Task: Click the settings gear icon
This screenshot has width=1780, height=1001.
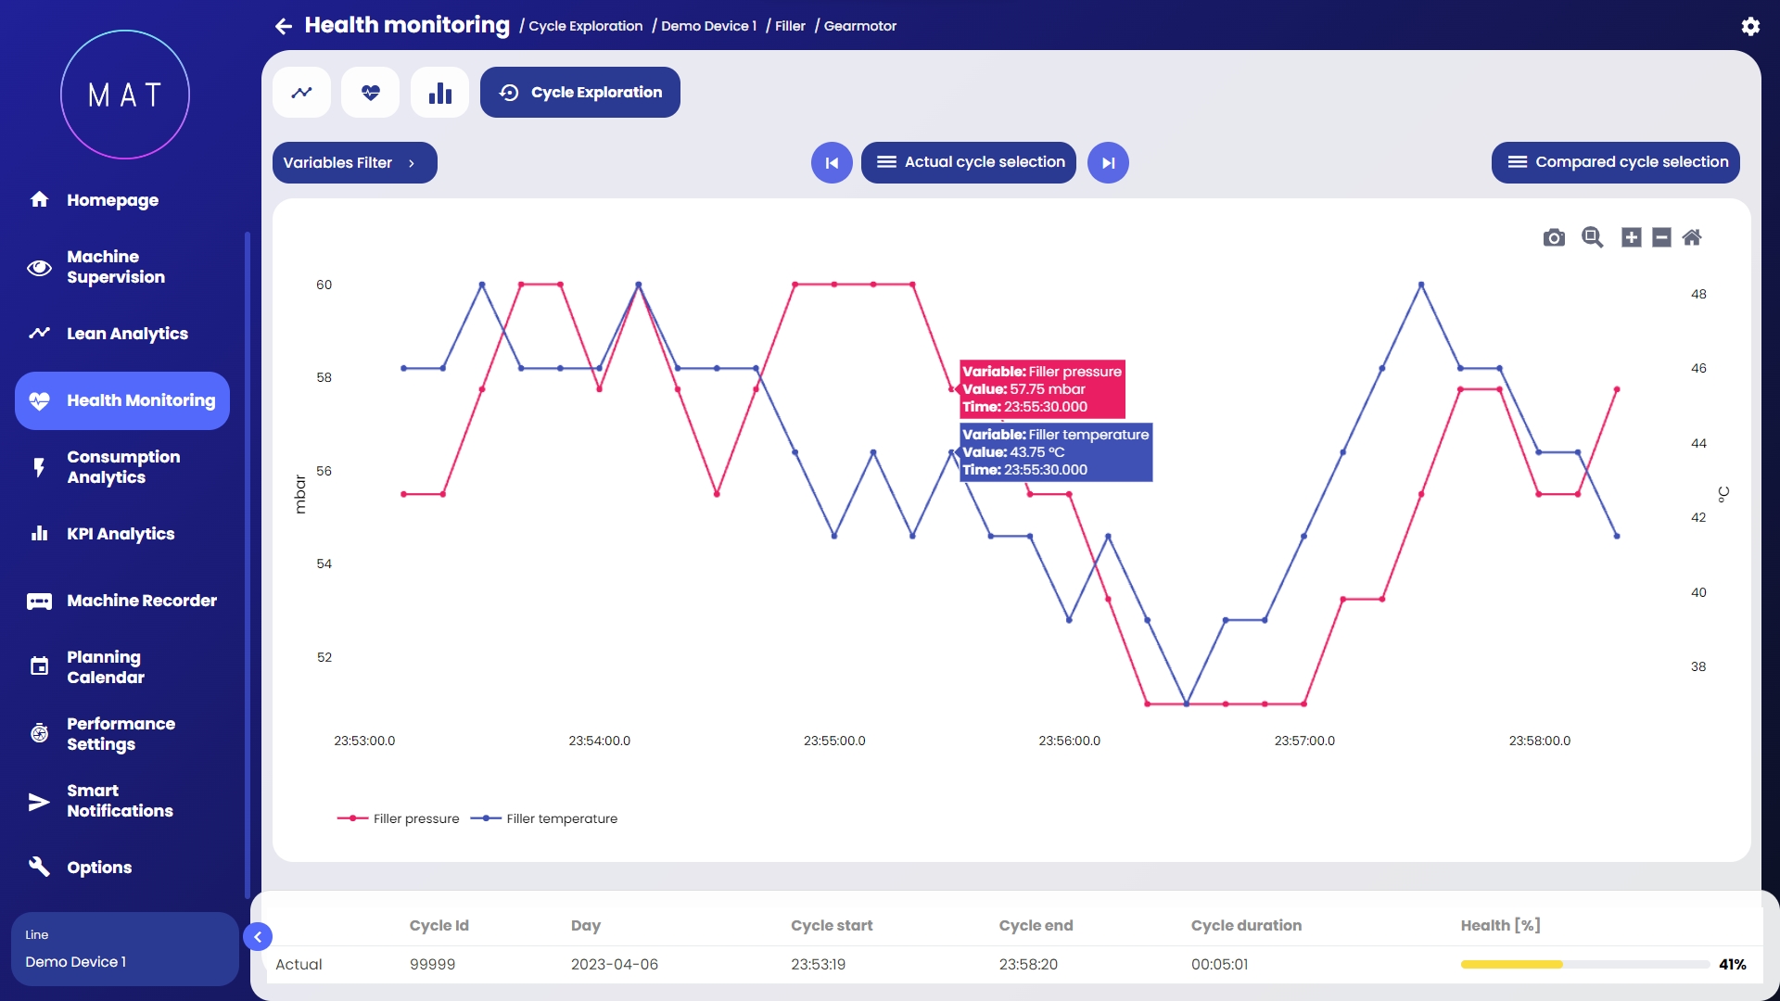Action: click(x=1750, y=26)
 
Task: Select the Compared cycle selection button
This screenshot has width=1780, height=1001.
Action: click(x=1615, y=162)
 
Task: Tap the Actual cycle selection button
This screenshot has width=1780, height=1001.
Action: click(x=968, y=162)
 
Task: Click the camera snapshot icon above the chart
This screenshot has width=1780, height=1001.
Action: click(x=1554, y=237)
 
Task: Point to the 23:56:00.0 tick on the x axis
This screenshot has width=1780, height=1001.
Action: click(x=1069, y=741)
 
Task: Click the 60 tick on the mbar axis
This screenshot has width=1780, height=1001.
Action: click(x=324, y=285)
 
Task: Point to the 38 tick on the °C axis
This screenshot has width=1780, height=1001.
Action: click(x=1698, y=666)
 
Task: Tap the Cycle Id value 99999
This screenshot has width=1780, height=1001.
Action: click(x=432, y=964)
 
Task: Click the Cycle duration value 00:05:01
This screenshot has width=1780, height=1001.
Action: click(x=1219, y=964)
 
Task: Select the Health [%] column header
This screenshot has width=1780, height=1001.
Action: click(x=1500, y=925)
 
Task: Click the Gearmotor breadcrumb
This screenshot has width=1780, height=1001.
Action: click(x=859, y=26)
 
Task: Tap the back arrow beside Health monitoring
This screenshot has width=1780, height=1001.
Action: click(x=284, y=26)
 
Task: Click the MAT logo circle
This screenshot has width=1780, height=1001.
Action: click(x=125, y=95)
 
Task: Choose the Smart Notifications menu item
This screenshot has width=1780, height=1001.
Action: click(x=119, y=801)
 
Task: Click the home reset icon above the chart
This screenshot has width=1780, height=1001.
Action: click(x=1692, y=237)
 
